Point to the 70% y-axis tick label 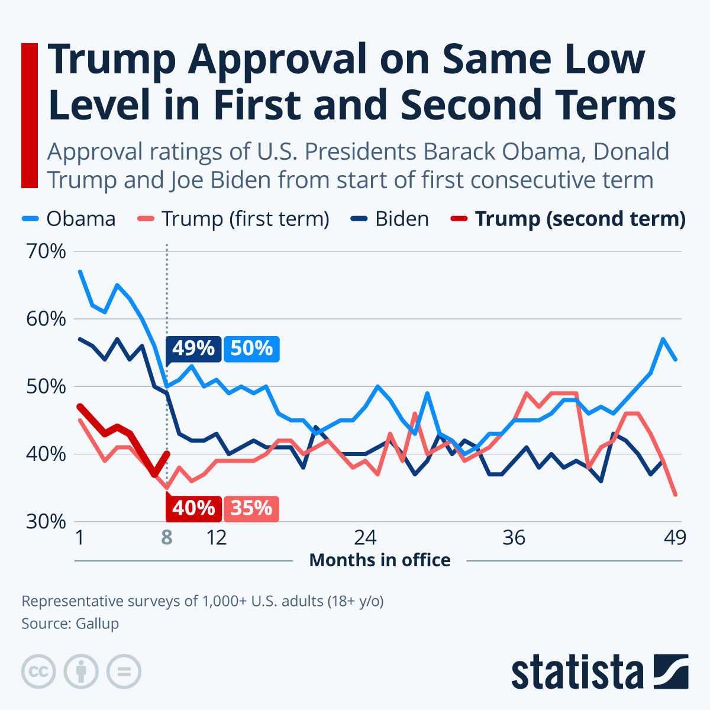tap(45, 251)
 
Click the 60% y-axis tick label tap(45, 319)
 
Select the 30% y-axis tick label tap(45, 522)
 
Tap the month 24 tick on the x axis tap(365, 537)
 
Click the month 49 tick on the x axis tap(674, 537)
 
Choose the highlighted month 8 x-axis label tap(167, 537)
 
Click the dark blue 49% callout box tap(193, 348)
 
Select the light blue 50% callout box tap(251, 348)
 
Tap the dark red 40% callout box tap(193, 508)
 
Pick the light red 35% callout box tap(251, 508)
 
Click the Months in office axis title tap(380, 560)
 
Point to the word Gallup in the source tap(97, 623)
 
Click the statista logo tap(599, 672)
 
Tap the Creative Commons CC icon tap(38, 672)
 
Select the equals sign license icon tap(124, 672)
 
